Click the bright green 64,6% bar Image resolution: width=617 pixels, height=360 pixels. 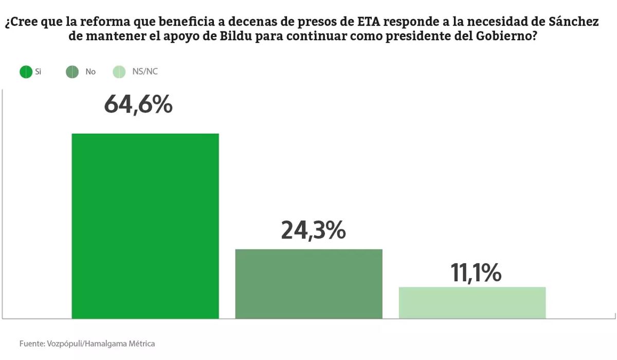click(x=145, y=226)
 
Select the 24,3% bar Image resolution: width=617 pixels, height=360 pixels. click(x=308, y=284)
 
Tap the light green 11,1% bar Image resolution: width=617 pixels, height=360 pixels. click(x=472, y=303)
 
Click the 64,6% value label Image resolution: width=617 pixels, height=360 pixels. click(x=138, y=105)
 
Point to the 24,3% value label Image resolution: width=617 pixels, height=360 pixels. click(x=313, y=230)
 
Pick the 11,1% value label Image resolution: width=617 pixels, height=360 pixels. click(x=476, y=273)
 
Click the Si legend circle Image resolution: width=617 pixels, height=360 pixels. click(x=26, y=72)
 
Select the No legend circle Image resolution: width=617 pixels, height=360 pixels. click(x=72, y=72)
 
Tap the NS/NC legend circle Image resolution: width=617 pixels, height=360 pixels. click(x=119, y=72)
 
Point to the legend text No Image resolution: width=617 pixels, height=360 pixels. click(x=90, y=72)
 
